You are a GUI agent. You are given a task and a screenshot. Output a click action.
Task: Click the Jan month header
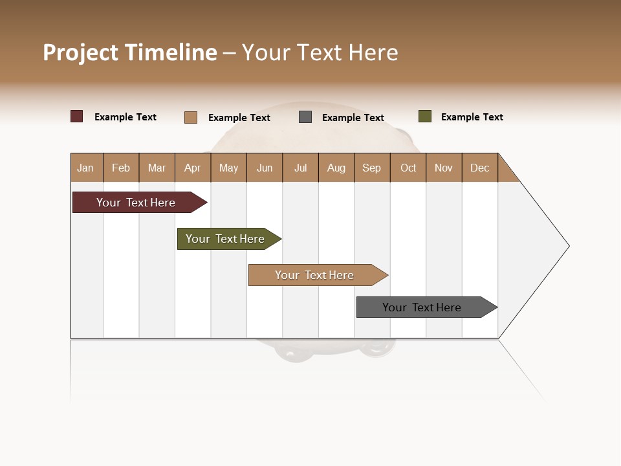pyautogui.click(x=86, y=168)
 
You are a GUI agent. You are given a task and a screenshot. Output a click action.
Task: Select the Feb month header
pyautogui.click(x=121, y=168)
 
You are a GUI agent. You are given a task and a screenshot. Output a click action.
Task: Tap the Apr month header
pyautogui.click(x=192, y=168)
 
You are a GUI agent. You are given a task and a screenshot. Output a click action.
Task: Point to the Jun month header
pyautogui.click(x=265, y=168)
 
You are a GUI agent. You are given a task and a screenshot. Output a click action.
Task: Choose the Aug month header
pyautogui.click(x=336, y=168)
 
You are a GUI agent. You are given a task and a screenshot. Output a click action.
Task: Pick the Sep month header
pyautogui.click(x=371, y=168)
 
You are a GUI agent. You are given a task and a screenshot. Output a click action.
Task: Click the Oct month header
pyautogui.click(x=408, y=168)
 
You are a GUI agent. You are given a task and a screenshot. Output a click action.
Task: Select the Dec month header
pyautogui.click(x=479, y=168)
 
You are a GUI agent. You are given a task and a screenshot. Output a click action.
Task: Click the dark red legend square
pyautogui.click(x=77, y=116)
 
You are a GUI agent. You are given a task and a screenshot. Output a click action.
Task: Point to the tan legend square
pyautogui.click(x=191, y=117)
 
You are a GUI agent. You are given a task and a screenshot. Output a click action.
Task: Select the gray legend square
pyautogui.click(x=305, y=117)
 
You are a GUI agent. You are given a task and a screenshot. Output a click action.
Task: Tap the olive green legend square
pyautogui.click(x=425, y=116)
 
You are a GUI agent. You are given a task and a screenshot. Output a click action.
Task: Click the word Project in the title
pyautogui.click(x=81, y=52)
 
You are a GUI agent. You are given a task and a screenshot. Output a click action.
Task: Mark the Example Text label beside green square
pyautogui.click(x=472, y=117)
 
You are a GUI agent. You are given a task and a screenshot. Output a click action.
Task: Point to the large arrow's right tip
pyautogui.click(x=567, y=246)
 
